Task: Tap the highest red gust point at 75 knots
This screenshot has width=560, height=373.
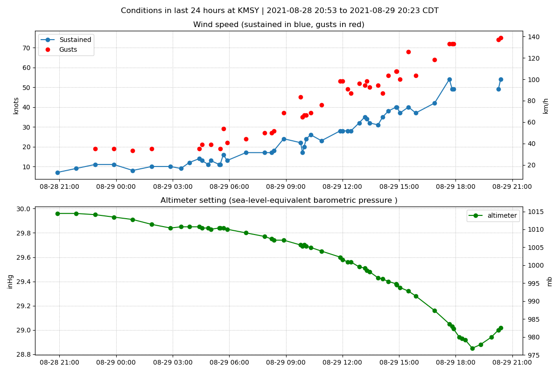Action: (501, 38)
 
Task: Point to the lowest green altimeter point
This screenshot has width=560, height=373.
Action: (472, 348)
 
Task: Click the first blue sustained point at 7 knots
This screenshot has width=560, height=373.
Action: (57, 173)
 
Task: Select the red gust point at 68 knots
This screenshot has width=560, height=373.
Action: (408, 52)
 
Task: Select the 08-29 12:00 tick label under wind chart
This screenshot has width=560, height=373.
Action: (343, 186)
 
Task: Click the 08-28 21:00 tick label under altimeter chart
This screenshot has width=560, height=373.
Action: (59, 362)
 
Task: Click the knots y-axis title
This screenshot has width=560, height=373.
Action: (16, 105)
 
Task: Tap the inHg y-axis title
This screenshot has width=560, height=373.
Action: (10, 281)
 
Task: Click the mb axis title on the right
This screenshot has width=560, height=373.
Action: (549, 281)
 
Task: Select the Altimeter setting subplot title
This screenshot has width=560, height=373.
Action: (279, 200)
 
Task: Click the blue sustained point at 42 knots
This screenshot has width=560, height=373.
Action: (434, 103)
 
